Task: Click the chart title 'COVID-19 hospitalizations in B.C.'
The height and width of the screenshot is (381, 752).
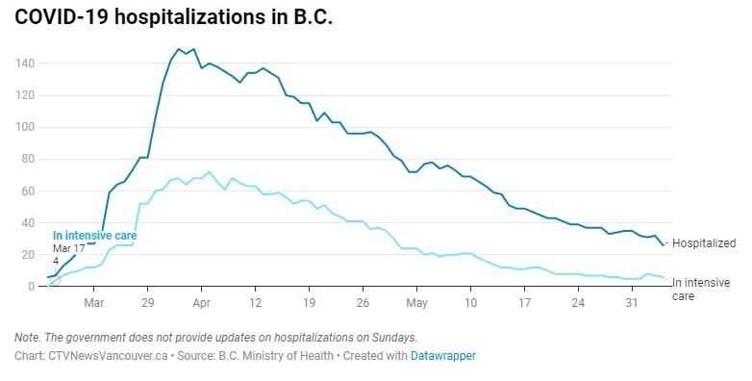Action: [x=173, y=16]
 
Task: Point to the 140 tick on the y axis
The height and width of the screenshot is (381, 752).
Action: [x=24, y=63]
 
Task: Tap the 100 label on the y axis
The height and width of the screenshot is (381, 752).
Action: [x=24, y=127]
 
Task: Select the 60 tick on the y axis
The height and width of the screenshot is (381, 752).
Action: [x=27, y=190]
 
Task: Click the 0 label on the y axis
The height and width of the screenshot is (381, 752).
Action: [x=31, y=287]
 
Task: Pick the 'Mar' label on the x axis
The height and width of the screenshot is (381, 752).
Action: [x=93, y=303]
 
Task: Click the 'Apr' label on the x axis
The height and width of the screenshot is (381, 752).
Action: [x=201, y=303]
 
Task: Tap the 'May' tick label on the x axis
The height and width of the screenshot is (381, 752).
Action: [x=416, y=303]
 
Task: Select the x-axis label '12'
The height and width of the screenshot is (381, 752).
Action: [x=255, y=303]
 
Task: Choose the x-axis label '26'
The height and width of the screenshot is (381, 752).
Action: [x=363, y=303]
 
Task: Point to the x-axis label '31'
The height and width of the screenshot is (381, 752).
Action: [x=632, y=303]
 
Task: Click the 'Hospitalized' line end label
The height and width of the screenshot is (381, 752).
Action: [x=704, y=243]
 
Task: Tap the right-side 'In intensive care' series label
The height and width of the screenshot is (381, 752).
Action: [x=701, y=290]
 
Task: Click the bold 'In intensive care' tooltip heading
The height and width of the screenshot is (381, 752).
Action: [x=94, y=236]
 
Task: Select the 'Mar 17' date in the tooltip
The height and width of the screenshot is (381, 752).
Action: [x=68, y=248]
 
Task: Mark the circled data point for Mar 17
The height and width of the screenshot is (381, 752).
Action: [x=55, y=279]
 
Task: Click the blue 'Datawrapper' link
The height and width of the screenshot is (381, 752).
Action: [x=443, y=356]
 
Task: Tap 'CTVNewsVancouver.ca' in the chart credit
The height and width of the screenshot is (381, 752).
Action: [x=108, y=356]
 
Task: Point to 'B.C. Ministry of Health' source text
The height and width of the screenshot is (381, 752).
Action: [x=276, y=356]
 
